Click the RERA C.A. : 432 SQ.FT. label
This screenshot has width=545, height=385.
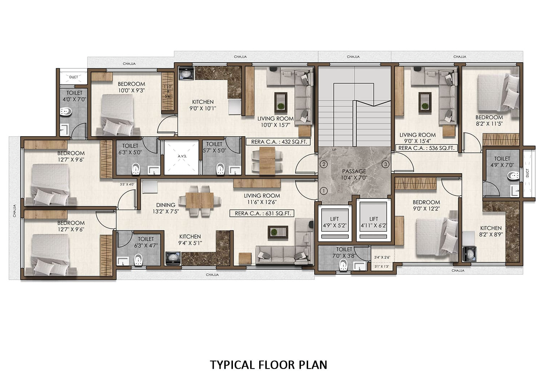(x=279, y=142)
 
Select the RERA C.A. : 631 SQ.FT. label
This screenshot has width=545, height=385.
(x=262, y=214)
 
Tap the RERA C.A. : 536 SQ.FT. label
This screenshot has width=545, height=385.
(x=426, y=148)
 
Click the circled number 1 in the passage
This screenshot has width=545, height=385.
(x=324, y=191)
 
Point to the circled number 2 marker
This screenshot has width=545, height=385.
(x=324, y=165)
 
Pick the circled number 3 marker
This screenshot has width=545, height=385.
(x=386, y=165)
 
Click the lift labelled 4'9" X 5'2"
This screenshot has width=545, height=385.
(x=334, y=223)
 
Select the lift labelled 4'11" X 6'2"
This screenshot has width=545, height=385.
(x=374, y=223)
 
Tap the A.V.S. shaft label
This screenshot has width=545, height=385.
(x=182, y=156)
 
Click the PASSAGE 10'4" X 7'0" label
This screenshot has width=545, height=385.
(x=354, y=174)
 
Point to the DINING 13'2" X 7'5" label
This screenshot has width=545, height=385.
(x=166, y=208)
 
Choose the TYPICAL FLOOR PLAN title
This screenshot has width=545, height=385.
(x=269, y=365)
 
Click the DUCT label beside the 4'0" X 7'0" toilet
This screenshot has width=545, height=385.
(x=73, y=77)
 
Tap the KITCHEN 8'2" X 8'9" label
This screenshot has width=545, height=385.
(x=491, y=231)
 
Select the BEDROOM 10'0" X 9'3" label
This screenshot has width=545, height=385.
(x=131, y=87)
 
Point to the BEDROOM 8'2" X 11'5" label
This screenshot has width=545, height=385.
(x=489, y=120)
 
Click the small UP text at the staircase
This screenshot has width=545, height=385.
(x=334, y=150)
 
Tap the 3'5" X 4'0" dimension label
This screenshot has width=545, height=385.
(x=127, y=184)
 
